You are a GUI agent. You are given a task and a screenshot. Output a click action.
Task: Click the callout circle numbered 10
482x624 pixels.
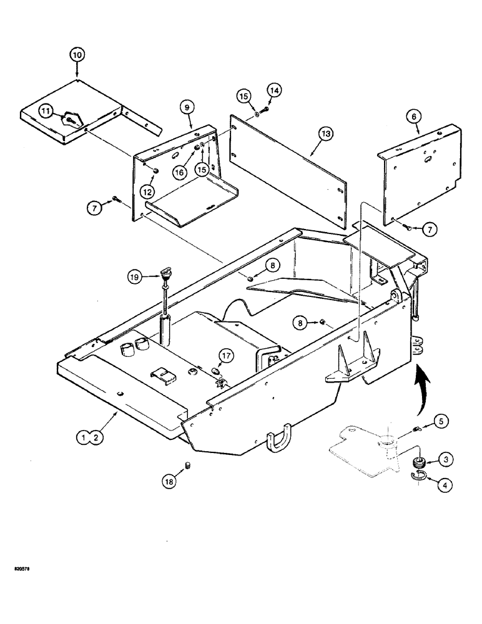coord(76,56)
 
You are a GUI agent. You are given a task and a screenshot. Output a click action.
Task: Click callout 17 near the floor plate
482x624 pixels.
coord(225,356)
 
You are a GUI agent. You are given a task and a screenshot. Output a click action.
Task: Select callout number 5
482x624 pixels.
coord(440,422)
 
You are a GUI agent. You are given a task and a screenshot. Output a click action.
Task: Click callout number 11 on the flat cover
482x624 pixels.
coord(46,110)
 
